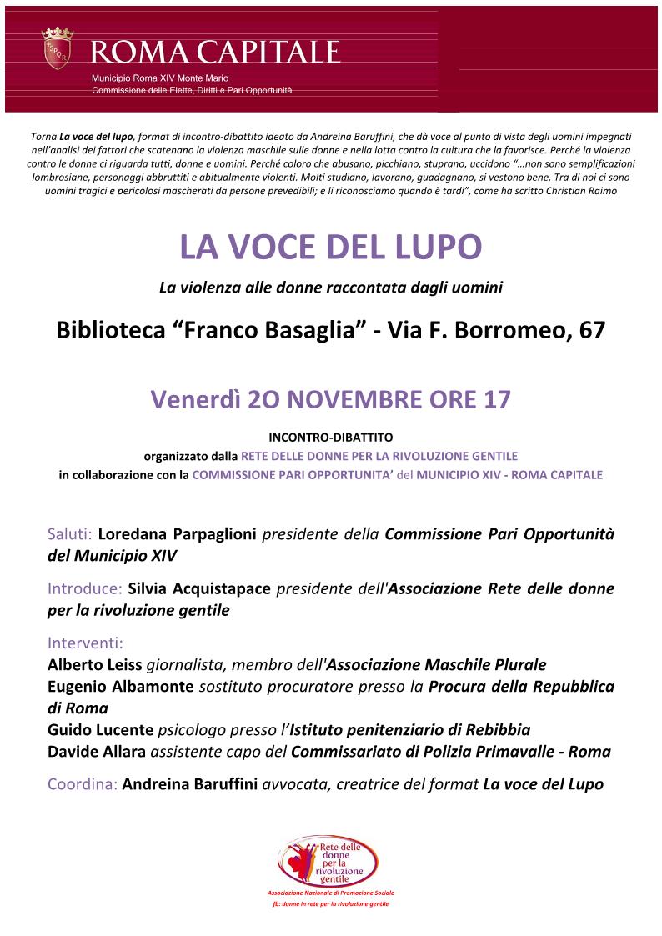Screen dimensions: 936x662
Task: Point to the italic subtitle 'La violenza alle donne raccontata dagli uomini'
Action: pos(331,288)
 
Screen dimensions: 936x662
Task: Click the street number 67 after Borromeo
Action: pos(592,331)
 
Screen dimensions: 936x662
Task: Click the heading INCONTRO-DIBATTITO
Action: pos(331,436)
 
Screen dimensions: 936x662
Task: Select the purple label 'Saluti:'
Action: pos(72,534)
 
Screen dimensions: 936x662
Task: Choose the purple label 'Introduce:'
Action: pos(85,589)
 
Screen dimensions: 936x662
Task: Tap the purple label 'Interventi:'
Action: pos(85,643)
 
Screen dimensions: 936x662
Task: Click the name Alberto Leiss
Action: pos(94,665)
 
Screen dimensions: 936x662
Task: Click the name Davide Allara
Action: pos(96,752)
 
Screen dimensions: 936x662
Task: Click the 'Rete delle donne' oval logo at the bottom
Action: pos(330,863)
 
